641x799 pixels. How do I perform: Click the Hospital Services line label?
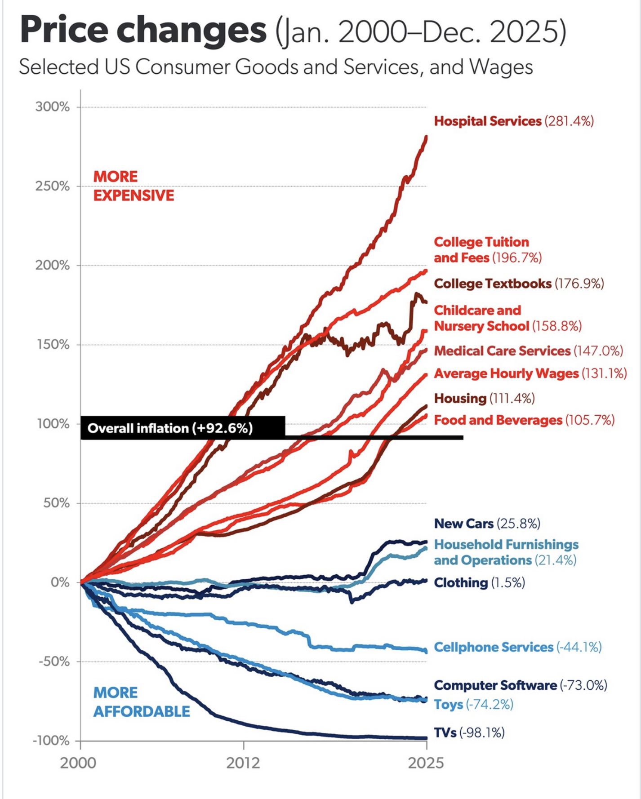tap(513, 121)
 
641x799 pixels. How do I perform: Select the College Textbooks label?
tap(518, 284)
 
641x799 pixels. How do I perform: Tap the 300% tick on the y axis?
tap(53, 107)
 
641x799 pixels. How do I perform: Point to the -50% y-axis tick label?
tap(53, 661)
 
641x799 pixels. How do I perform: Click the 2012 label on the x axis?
tap(243, 763)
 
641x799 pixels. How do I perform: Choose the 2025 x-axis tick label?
tap(426, 763)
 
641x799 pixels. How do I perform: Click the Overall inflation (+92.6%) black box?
tap(183, 428)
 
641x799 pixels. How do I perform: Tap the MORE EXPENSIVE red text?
tap(134, 186)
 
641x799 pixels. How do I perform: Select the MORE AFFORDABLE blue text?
tap(141, 702)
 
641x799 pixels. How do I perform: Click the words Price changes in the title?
tap(143, 31)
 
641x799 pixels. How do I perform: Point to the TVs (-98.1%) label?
tap(469, 732)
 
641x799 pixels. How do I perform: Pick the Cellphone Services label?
tap(517, 647)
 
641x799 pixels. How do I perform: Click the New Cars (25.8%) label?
tap(487, 524)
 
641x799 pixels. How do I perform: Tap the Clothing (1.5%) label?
tap(479, 583)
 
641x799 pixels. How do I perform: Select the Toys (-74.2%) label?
tap(473, 704)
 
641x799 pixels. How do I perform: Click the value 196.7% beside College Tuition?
tap(517, 258)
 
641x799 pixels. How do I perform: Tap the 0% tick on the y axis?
tap(59, 582)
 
